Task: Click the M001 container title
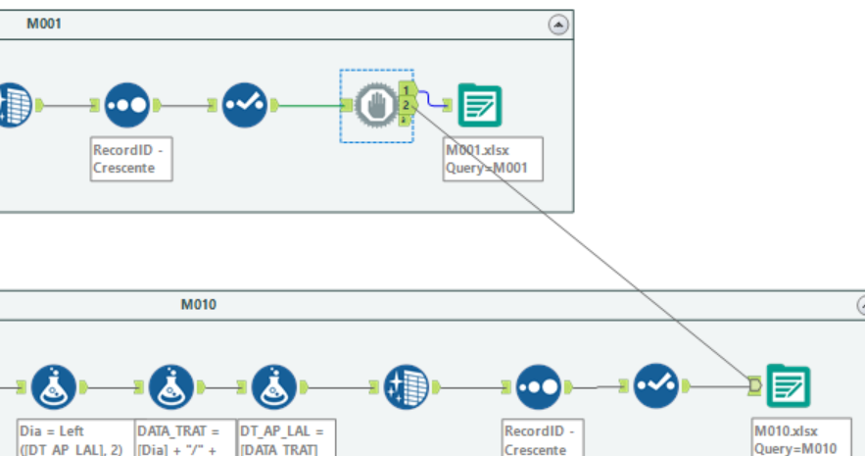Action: (x=44, y=24)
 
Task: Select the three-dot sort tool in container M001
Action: (x=126, y=104)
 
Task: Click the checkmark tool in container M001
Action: (x=244, y=104)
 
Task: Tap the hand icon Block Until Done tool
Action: (x=373, y=104)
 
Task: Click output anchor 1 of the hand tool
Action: (x=406, y=90)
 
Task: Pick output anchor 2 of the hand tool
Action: (x=406, y=104)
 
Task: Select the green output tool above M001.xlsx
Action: (x=480, y=104)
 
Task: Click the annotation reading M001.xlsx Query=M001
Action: (x=493, y=158)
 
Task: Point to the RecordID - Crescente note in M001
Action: (x=131, y=158)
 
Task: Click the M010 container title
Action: (x=198, y=304)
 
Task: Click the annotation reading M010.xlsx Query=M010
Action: (x=793, y=438)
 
